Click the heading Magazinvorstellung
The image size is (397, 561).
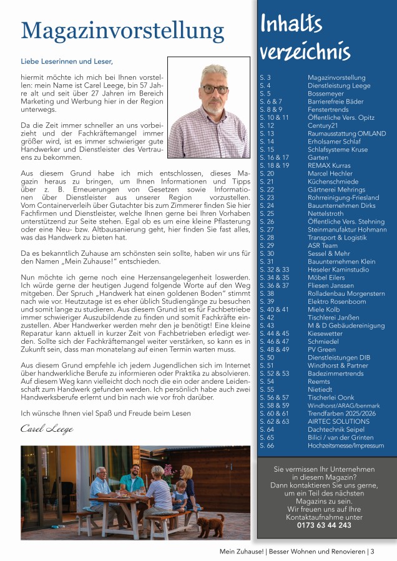pyautogui.click(x=122, y=30)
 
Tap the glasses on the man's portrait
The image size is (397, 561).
pyautogui.click(x=215, y=89)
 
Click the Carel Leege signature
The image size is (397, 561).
pyautogui.click(x=47, y=429)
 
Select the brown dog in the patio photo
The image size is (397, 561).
pyautogui.click(x=211, y=525)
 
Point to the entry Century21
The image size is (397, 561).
pyautogui.click(x=322, y=125)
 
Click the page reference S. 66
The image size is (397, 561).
pyautogui.click(x=267, y=445)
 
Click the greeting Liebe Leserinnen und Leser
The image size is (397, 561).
pyautogui.click(x=67, y=61)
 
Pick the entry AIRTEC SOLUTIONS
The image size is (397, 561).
pyautogui.click(x=338, y=421)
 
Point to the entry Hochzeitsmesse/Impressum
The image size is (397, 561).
pyautogui.click(x=346, y=445)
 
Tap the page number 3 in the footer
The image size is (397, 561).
pyautogui.click(x=372, y=551)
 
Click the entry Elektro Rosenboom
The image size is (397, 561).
pyautogui.click(x=336, y=301)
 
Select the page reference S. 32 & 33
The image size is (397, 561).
pyautogui.click(x=274, y=269)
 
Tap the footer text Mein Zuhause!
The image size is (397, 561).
pyautogui.click(x=242, y=551)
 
